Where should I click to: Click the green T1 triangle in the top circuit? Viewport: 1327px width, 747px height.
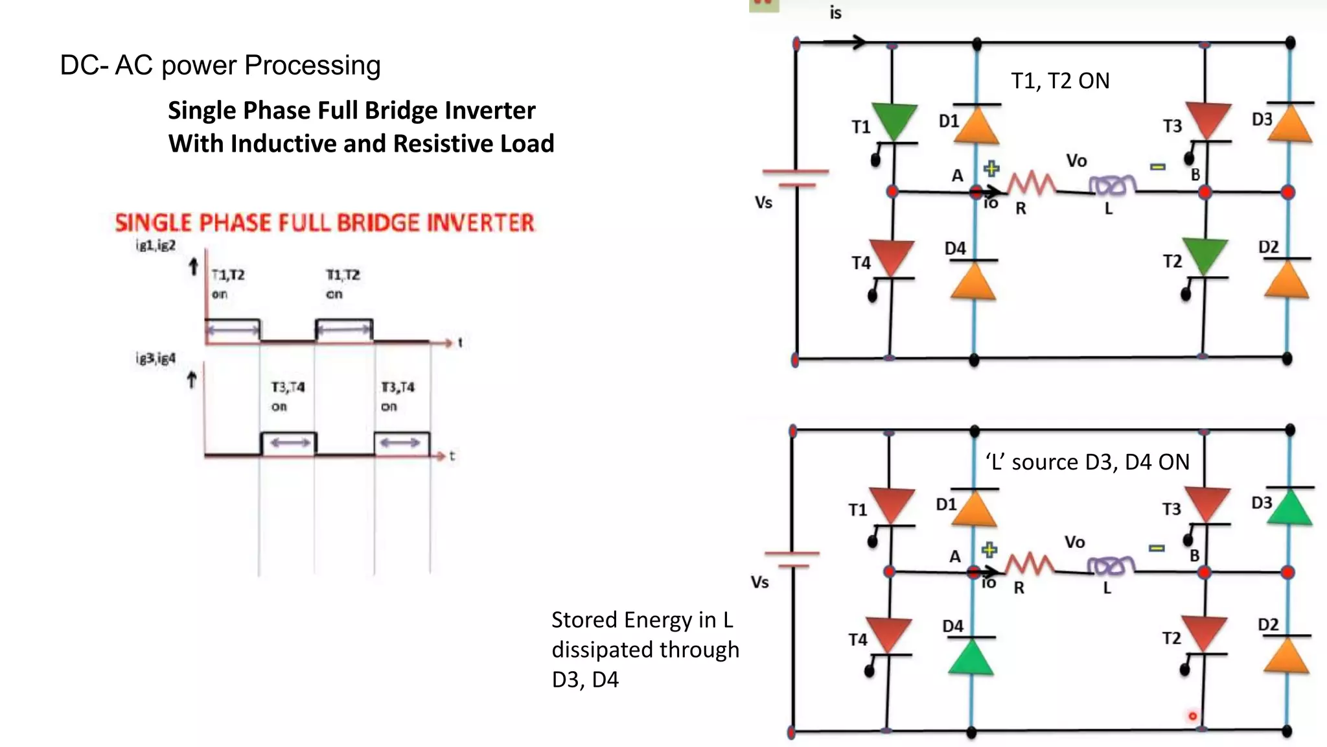pyautogui.click(x=894, y=119)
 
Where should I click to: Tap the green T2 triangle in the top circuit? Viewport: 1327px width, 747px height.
pyautogui.click(x=1205, y=254)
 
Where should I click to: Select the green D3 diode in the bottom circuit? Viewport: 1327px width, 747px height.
pyautogui.click(x=1289, y=506)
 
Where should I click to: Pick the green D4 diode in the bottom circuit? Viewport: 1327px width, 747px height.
pyautogui.click(x=971, y=656)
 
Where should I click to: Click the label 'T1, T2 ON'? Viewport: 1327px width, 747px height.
pyautogui.click(x=1060, y=81)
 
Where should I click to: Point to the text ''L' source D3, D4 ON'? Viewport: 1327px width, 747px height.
pyautogui.click(x=1087, y=462)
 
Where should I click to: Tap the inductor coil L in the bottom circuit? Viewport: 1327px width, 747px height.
pyautogui.click(x=1111, y=566)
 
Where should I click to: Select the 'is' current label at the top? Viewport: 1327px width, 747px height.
pyautogui.click(x=835, y=12)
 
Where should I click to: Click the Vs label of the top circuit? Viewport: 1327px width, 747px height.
pyautogui.click(x=763, y=203)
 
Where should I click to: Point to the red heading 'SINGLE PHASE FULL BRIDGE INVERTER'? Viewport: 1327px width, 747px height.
pyautogui.click(x=325, y=223)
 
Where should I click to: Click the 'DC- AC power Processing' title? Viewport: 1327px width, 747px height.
pyautogui.click(x=220, y=65)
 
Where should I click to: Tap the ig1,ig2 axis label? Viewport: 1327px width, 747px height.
pyautogui.click(x=156, y=245)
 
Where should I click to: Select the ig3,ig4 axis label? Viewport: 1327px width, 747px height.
pyautogui.click(x=156, y=359)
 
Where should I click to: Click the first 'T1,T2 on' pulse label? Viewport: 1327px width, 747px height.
pyautogui.click(x=227, y=284)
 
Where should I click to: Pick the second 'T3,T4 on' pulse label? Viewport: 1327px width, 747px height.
pyautogui.click(x=397, y=396)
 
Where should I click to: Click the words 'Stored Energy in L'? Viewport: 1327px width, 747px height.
pyautogui.click(x=641, y=620)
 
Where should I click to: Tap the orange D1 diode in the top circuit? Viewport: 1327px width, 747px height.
pyautogui.click(x=976, y=124)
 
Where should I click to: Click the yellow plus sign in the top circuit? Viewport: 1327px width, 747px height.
pyautogui.click(x=991, y=169)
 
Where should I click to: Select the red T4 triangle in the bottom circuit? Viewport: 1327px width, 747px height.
pyautogui.click(x=888, y=634)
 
